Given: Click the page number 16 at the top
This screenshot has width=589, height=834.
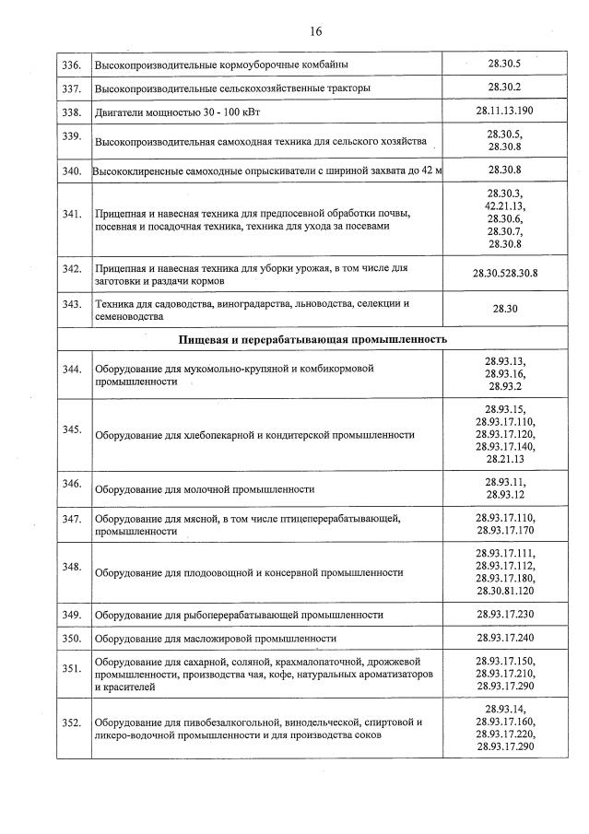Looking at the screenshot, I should (315, 31).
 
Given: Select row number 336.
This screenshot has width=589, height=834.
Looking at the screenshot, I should (71, 65).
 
